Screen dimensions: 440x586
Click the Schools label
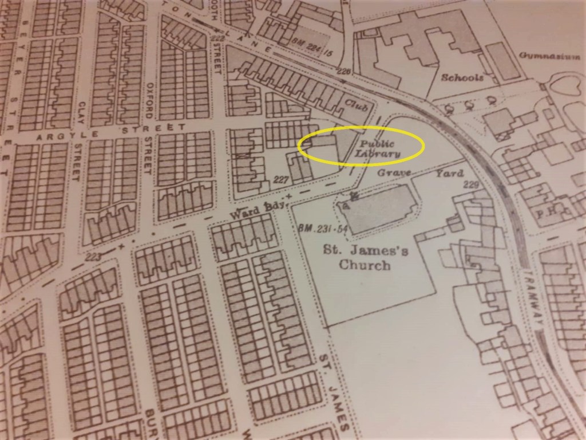point(462,77)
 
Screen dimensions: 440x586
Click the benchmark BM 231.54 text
point(315,229)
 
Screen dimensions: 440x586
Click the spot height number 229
point(470,184)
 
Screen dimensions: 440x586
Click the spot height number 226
point(343,71)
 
